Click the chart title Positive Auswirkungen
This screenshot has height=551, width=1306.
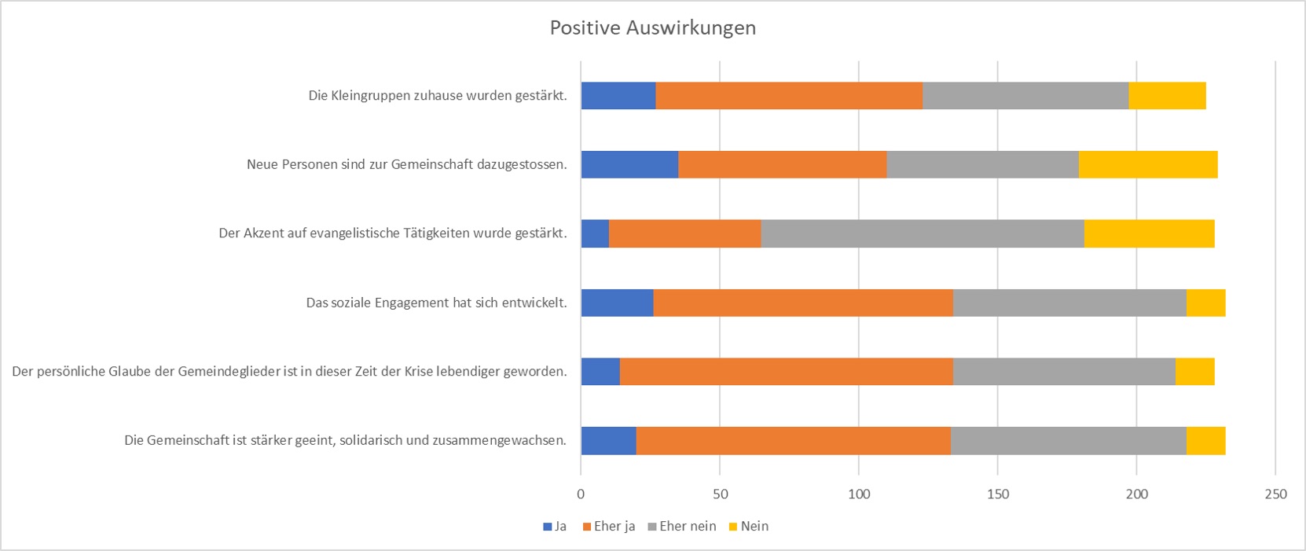(x=652, y=28)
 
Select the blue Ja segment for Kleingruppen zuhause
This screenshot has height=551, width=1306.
(x=618, y=96)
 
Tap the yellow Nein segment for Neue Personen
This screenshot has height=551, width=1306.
(x=1147, y=164)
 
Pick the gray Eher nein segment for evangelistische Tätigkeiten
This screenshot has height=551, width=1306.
(x=922, y=233)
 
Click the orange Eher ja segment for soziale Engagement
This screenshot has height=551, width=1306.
(x=802, y=303)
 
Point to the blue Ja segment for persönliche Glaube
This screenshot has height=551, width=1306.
(x=600, y=371)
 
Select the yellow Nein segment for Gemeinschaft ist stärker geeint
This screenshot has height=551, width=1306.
(x=1205, y=440)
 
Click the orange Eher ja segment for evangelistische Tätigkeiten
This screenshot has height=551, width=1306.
(x=684, y=233)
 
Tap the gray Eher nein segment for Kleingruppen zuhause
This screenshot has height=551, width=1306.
(x=1025, y=96)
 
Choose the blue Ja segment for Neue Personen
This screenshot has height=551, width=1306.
(x=629, y=164)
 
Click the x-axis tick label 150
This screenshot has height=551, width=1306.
(x=997, y=494)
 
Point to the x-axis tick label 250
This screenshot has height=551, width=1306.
(x=1275, y=494)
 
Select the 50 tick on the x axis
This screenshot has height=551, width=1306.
(x=720, y=494)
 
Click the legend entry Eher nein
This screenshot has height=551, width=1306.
(x=687, y=527)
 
